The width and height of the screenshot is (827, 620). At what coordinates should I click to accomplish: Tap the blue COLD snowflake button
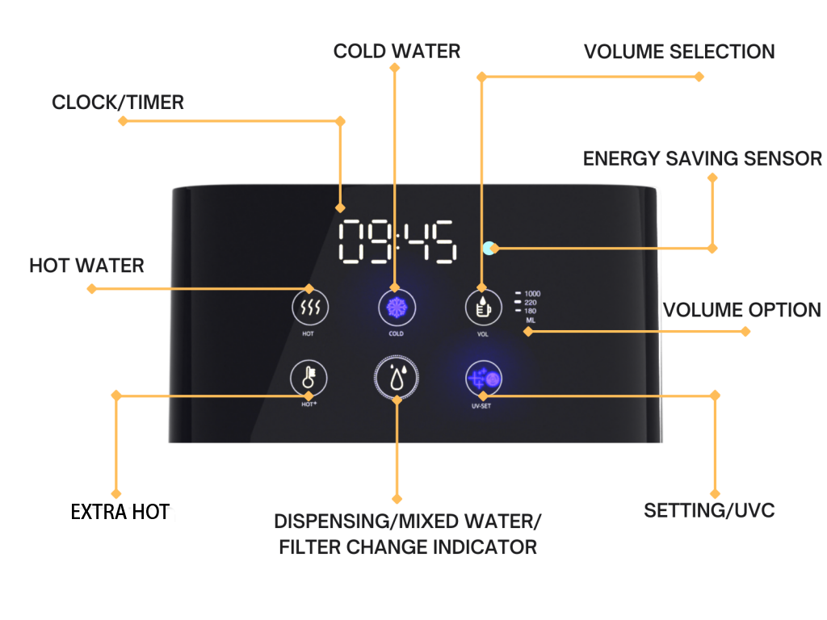[x=395, y=308]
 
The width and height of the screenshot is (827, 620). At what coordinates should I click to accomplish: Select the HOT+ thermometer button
[x=309, y=378]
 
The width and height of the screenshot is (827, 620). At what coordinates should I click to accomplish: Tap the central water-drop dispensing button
[x=397, y=378]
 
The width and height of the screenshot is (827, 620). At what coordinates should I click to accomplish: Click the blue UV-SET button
[x=483, y=378]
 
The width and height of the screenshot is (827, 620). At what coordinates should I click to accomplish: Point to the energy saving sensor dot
[x=489, y=248]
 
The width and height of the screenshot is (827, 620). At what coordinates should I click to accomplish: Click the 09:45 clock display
[x=397, y=241]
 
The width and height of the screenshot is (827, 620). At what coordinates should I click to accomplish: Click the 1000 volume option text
[x=532, y=294]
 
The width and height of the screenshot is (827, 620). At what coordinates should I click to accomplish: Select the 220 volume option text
[x=531, y=303]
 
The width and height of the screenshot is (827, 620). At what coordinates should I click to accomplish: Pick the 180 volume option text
[x=531, y=311]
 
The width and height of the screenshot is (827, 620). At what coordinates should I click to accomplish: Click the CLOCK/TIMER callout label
[x=118, y=103]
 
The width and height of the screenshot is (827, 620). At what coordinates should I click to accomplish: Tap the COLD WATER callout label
[x=397, y=52]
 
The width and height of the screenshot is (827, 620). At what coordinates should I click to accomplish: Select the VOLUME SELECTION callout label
[x=678, y=52]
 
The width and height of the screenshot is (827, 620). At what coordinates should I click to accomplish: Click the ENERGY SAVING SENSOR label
[x=702, y=159]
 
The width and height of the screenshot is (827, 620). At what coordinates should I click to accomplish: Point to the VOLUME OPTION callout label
[x=741, y=311]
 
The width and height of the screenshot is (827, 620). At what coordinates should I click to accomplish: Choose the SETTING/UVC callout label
[x=709, y=510]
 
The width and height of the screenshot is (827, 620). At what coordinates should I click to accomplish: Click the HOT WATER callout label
[x=87, y=266]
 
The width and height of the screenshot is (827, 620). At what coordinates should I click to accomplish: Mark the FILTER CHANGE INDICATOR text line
[x=408, y=547]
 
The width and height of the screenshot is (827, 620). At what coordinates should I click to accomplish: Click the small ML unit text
[x=530, y=320]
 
